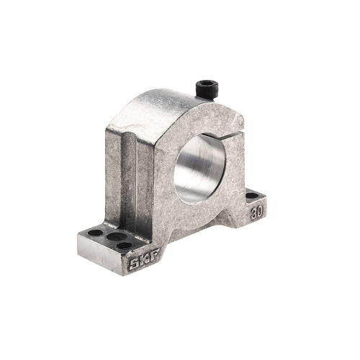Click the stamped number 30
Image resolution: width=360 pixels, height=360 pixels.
pos(256,213)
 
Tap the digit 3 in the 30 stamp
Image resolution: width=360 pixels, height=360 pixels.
pos(253,215)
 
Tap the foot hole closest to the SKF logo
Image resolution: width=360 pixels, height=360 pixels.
pos(125,246)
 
